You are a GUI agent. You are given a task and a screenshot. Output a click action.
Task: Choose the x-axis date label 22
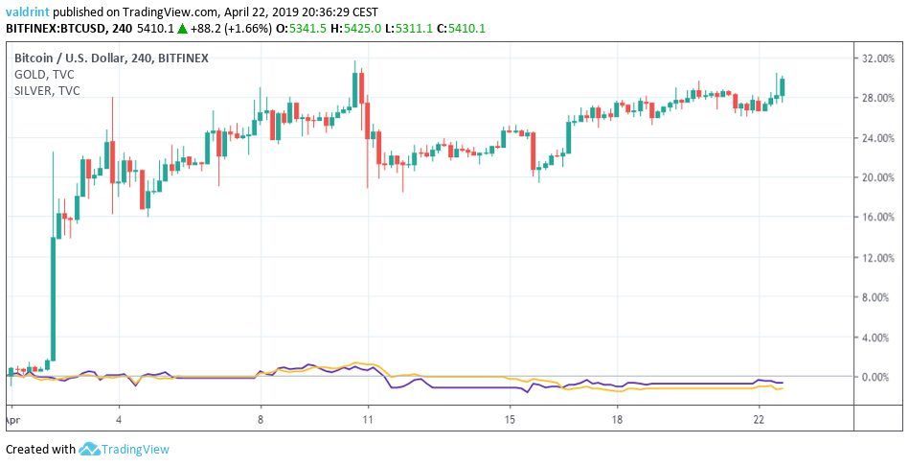(759, 419)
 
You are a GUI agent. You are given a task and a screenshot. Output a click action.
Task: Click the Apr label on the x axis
(11, 419)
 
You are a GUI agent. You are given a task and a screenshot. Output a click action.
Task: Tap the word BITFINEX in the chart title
(183, 58)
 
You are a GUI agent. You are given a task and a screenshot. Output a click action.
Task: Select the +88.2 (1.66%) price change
(222, 29)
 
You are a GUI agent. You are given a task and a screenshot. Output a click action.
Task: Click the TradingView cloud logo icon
(90, 449)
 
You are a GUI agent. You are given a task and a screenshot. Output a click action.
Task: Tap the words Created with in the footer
(39, 449)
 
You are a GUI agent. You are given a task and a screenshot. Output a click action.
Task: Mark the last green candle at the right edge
(783, 87)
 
